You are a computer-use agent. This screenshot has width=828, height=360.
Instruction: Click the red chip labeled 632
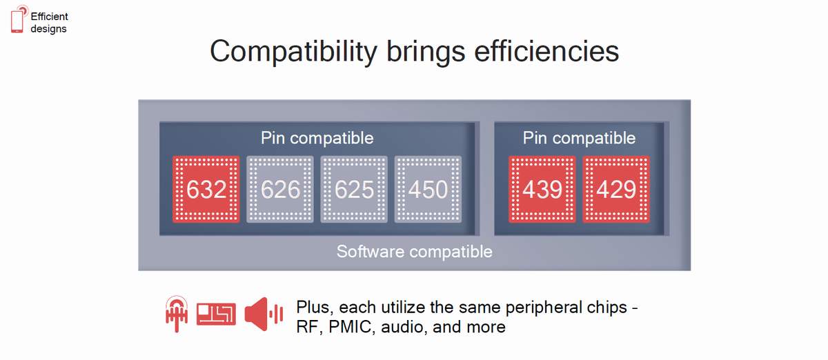[206, 189]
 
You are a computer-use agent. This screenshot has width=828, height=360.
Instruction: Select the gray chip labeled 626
[280, 189]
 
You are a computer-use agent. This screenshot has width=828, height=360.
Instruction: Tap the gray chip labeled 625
[354, 189]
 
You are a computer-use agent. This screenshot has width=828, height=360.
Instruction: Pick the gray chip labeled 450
[428, 189]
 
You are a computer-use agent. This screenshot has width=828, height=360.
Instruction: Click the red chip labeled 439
[542, 189]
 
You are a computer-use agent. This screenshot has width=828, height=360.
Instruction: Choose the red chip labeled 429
[616, 189]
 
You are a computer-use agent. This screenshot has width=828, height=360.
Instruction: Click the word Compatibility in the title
[293, 52]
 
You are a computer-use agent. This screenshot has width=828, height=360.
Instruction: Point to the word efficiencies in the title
[546, 51]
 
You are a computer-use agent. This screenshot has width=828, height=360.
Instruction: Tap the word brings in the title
[426, 52]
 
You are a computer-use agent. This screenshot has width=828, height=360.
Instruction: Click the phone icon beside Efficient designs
[18, 19]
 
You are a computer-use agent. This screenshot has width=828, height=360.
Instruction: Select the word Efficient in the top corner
[49, 17]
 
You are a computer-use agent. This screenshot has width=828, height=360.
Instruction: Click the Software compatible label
[415, 252]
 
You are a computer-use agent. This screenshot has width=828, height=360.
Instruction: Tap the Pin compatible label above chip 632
[317, 138]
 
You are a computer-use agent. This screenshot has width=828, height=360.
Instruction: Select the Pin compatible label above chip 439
[579, 138]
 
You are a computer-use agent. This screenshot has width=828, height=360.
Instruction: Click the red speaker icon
[264, 314]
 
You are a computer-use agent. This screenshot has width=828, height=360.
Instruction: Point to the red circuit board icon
[216, 314]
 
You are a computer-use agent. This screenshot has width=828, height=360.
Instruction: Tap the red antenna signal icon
[177, 314]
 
